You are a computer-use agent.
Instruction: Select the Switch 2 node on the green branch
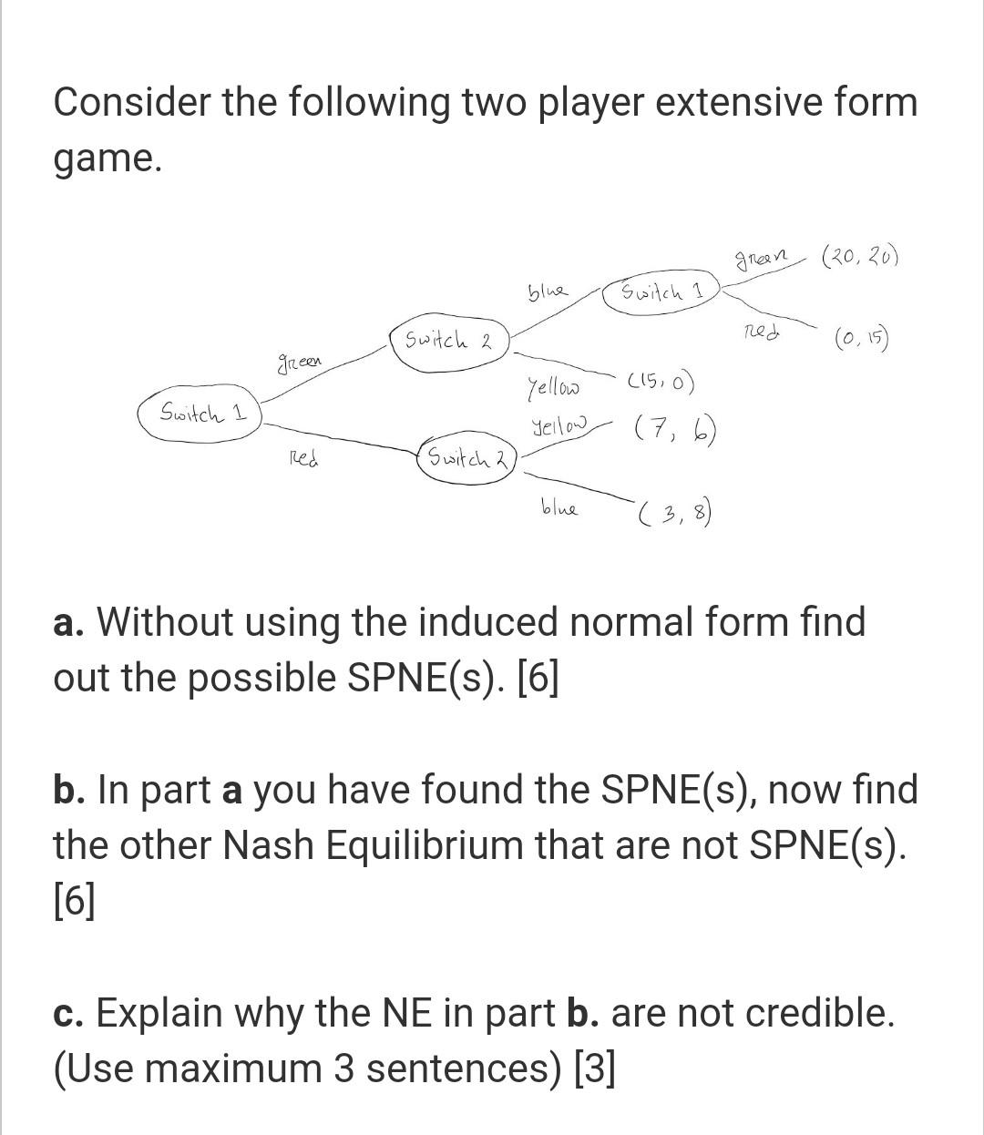tap(448, 343)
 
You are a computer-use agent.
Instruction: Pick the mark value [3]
tap(594, 1069)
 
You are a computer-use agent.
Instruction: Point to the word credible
tap(816, 1013)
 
